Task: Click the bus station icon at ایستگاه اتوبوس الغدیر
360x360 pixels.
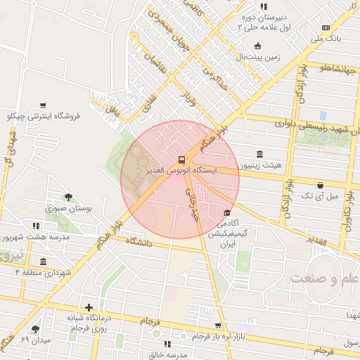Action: (183, 160)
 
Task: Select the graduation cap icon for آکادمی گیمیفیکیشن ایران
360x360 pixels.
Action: (226, 213)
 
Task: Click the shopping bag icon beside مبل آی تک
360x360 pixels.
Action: (321, 185)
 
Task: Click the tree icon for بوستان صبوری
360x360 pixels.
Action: (68, 197)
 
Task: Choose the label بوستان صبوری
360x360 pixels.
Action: (69, 209)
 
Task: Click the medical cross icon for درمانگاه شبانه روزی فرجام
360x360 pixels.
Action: (89, 307)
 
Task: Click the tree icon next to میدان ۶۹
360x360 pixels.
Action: (36, 329)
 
